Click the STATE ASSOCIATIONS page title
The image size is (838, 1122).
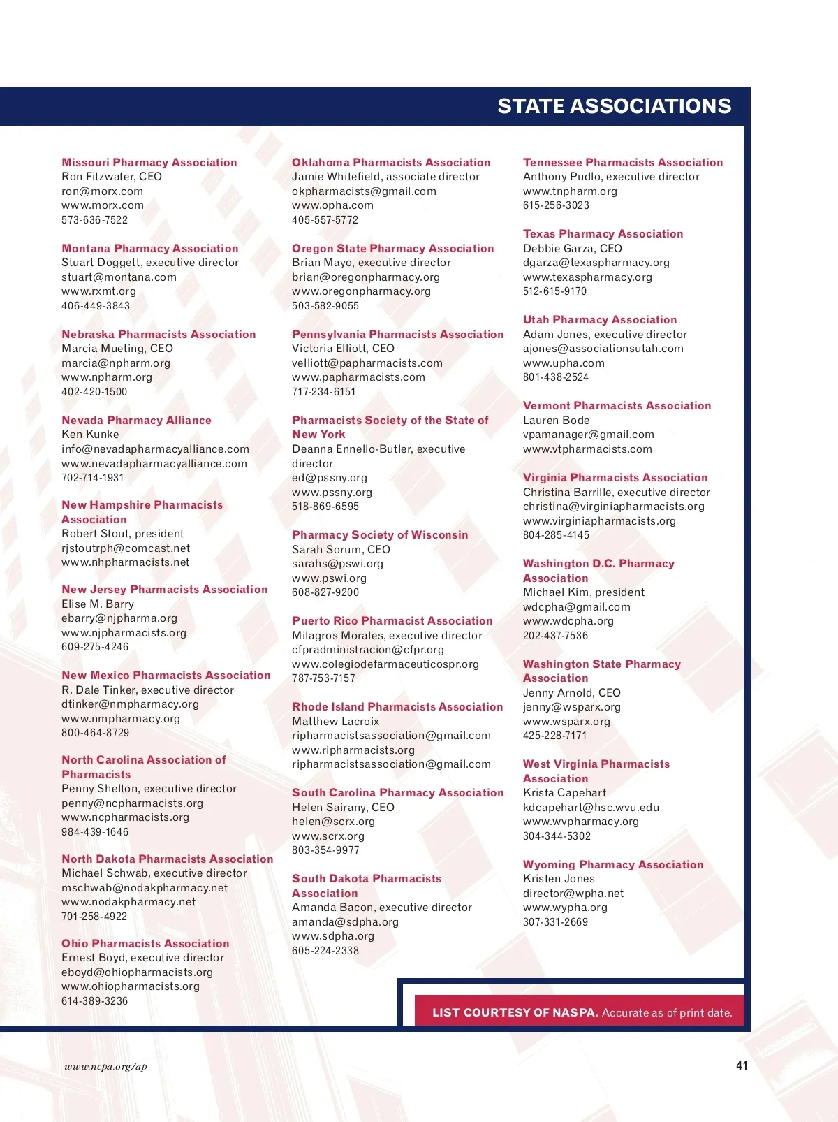pos(614,106)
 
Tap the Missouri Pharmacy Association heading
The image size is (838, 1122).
pos(149,163)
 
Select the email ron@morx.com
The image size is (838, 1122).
pos(102,191)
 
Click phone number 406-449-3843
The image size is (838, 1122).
pos(96,306)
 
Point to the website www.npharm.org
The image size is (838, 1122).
pos(107,377)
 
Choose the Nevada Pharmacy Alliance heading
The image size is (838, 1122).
pos(136,421)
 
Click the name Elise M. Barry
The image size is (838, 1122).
pos(98,604)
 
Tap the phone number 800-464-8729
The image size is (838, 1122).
pos(96,733)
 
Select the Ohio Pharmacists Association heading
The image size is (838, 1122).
pos(145,944)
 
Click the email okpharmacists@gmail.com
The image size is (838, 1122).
pos(364,191)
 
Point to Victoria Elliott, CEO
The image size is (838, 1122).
pos(343,349)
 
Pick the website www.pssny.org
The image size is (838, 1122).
pos(332,493)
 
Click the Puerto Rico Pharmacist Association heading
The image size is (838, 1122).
pos(392,621)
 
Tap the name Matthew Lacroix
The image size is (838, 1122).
pos(335,722)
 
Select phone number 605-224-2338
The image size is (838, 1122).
pos(325,951)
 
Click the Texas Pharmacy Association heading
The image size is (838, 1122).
pos(603,234)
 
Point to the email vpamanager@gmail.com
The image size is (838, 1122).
pos(589,435)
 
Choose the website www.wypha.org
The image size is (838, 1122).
pos(565,908)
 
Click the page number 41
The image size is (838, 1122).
pos(742,1065)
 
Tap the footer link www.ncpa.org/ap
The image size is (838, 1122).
pos(105,1067)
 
